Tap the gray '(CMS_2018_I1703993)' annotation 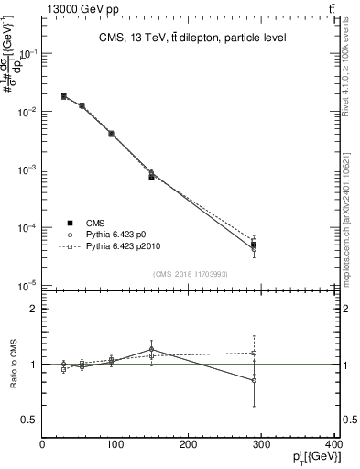191,273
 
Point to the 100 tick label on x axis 115,446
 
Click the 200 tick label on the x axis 188,446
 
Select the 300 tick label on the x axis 261,446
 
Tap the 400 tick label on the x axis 334,446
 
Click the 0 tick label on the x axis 42,446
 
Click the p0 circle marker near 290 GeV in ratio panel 254,380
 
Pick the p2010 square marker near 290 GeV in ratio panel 254,353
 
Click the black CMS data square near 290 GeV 254,244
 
